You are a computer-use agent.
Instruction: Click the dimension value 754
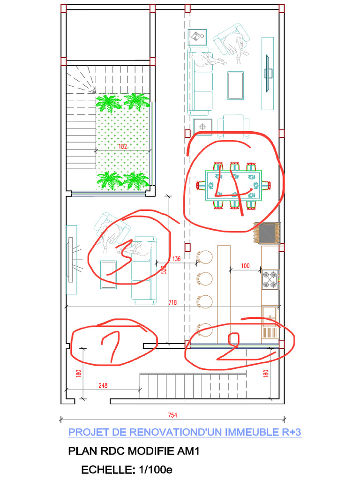pos(172,415)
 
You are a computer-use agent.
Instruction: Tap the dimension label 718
pos(172,302)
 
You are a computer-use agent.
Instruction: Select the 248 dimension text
pos(103,385)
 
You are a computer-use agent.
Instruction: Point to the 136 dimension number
pos(176,259)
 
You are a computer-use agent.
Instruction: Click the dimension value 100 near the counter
pos(245,266)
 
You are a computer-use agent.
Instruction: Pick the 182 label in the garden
pos(123,146)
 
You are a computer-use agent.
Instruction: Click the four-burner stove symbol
pos(270,279)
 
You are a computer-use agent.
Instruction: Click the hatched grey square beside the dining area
pos(266,233)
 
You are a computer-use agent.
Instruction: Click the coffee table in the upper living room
pos(236,86)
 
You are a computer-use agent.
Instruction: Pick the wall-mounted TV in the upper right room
pos(268,74)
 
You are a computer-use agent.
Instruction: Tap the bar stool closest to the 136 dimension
pos(204,257)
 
